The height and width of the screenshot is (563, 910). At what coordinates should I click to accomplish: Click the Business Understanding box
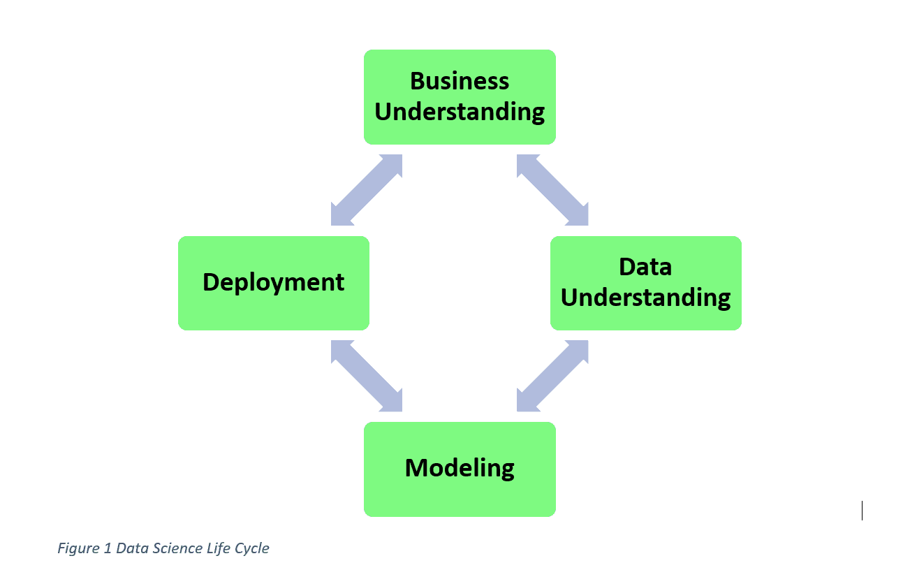[460, 97]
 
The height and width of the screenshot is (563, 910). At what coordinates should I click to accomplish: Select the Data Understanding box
[645, 283]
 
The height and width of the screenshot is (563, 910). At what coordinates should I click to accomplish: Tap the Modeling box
[460, 469]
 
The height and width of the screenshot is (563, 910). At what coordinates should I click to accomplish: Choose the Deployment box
[273, 283]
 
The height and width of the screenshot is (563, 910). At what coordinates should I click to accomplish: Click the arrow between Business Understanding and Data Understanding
[552, 190]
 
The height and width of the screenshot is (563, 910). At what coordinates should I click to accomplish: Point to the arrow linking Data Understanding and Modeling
[552, 376]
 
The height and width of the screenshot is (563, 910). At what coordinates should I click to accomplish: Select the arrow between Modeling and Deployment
[367, 376]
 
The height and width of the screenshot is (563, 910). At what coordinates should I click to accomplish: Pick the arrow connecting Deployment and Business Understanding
[367, 190]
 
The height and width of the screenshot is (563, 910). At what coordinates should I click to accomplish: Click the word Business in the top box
[460, 81]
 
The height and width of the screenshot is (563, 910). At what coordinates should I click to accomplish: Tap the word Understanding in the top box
[460, 112]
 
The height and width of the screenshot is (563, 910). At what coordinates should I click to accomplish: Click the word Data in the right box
[645, 267]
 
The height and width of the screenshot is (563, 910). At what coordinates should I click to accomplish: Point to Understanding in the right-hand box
[645, 298]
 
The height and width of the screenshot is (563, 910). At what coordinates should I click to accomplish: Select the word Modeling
[460, 469]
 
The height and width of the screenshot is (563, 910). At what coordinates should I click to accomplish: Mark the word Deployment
[273, 282]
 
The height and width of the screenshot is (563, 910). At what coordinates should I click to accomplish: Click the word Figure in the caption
[79, 548]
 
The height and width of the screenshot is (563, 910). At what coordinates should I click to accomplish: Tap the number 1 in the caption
[108, 548]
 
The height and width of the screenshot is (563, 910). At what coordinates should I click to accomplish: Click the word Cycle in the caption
[252, 549]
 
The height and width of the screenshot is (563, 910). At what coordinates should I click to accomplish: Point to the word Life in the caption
[219, 548]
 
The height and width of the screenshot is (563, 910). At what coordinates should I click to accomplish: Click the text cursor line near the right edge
[862, 510]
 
